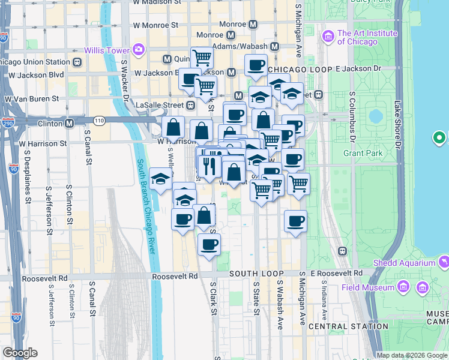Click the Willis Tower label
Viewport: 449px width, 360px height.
point(108,50)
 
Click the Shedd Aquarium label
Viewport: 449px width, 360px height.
point(404,263)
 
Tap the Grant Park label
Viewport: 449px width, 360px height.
point(363,153)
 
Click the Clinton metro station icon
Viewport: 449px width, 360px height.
point(69,124)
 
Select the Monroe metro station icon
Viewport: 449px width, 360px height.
point(253,25)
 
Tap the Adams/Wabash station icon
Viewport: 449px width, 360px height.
point(275,46)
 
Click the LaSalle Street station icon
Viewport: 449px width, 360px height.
point(190,105)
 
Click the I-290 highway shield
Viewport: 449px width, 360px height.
point(8,123)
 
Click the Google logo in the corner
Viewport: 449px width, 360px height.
point(20,353)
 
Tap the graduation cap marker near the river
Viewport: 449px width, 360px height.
point(161,179)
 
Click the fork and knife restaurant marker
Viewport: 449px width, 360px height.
point(208,166)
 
